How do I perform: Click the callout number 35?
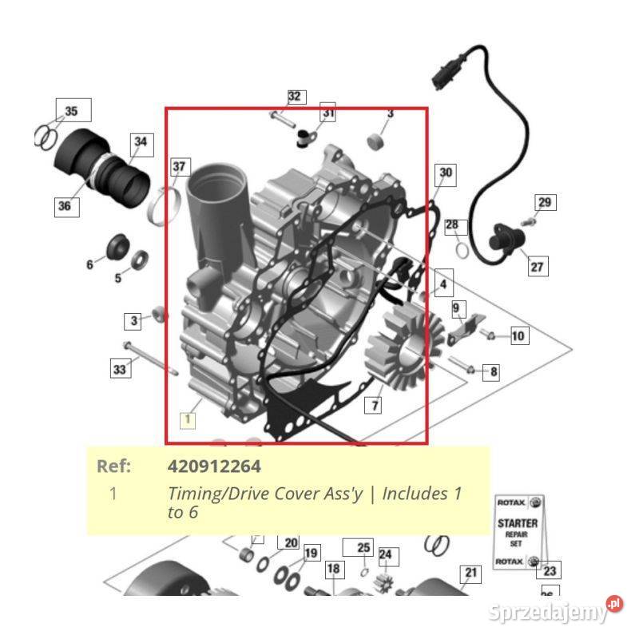pyautogui.click(x=72, y=111)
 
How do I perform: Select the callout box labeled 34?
pyautogui.click(x=141, y=142)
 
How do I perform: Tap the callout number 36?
pyautogui.click(x=64, y=206)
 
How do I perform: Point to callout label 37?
pyautogui.click(x=180, y=167)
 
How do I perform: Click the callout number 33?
pyautogui.click(x=119, y=368)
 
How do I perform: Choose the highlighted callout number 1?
pyautogui.click(x=188, y=419)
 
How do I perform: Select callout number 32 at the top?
pyautogui.click(x=295, y=97)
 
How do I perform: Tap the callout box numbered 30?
pyautogui.click(x=446, y=173)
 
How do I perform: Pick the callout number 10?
pyautogui.click(x=518, y=335)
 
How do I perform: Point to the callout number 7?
pyautogui.click(x=373, y=406)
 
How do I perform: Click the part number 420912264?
pyautogui.click(x=214, y=466)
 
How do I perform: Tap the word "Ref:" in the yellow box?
pyautogui.click(x=113, y=466)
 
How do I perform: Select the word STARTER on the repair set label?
pyautogui.click(x=518, y=524)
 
